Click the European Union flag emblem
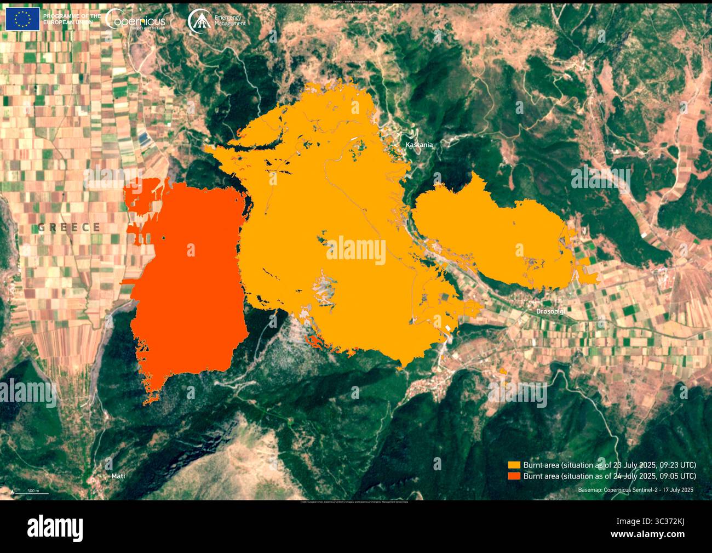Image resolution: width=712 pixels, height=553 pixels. [x=22, y=20]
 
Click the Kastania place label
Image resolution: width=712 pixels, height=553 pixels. [x=419, y=145]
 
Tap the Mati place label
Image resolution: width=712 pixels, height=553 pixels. [x=118, y=476]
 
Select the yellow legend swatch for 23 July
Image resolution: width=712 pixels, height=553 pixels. [x=514, y=465]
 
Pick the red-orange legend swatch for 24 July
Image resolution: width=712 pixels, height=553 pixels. [x=514, y=476]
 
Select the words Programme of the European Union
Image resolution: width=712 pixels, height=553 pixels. [x=72, y=20]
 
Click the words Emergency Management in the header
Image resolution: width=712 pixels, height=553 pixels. [x=230, y=21]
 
